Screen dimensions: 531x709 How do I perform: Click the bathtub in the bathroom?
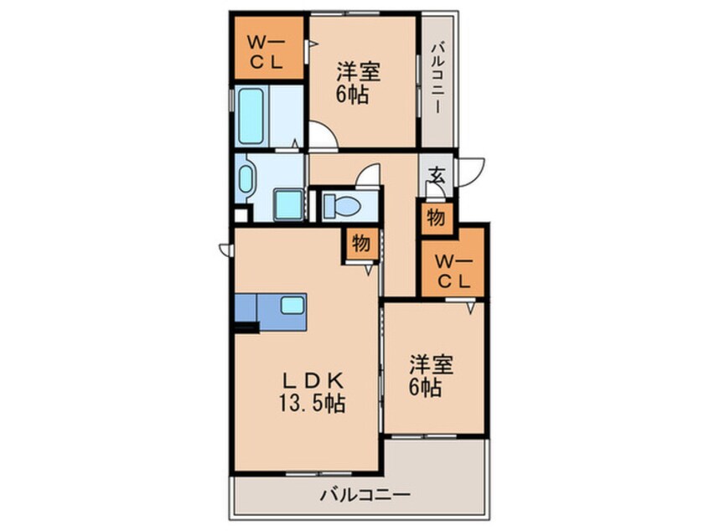(252, 116)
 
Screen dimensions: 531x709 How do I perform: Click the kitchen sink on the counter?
(292, 306)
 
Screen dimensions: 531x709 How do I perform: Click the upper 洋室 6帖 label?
(359, 82)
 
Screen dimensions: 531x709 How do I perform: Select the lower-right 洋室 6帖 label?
(431, 377)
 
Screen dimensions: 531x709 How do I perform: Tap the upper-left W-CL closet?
(268, 50)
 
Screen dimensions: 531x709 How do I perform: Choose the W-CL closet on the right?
(453, 270)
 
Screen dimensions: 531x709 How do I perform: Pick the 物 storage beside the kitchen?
(360, 244)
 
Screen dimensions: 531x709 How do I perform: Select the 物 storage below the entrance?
(436, 218)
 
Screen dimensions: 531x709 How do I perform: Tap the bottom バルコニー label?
(365, 496)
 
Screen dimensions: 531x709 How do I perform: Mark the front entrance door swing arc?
(472, 168)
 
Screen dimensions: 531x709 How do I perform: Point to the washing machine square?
(289, 204)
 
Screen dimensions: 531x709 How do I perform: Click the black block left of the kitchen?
(246, 327)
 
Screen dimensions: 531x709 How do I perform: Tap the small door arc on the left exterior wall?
(225, 249)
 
